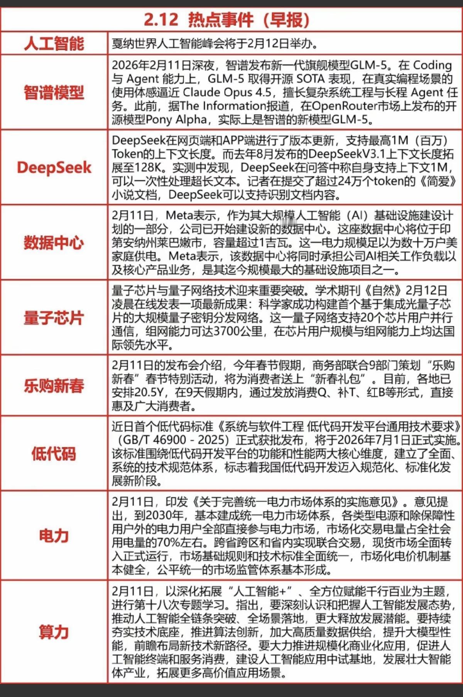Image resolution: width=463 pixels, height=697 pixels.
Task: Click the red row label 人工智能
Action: (54, 43)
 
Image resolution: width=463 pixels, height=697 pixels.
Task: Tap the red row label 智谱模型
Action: (54, 93)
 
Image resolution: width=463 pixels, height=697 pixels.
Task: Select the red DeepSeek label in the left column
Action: (54, 167)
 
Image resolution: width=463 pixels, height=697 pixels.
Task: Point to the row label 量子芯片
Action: (54, 318)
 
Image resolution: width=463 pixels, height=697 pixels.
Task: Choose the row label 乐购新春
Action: (54, 386)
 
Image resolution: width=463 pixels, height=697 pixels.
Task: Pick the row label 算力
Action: (54, 632)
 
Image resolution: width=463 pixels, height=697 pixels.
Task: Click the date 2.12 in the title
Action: (161, 20)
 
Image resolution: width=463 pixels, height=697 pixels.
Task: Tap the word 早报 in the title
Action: (286, 20)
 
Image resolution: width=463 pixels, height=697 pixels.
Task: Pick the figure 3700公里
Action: (238, 331)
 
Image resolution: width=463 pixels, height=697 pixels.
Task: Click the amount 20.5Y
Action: (150, 393)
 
